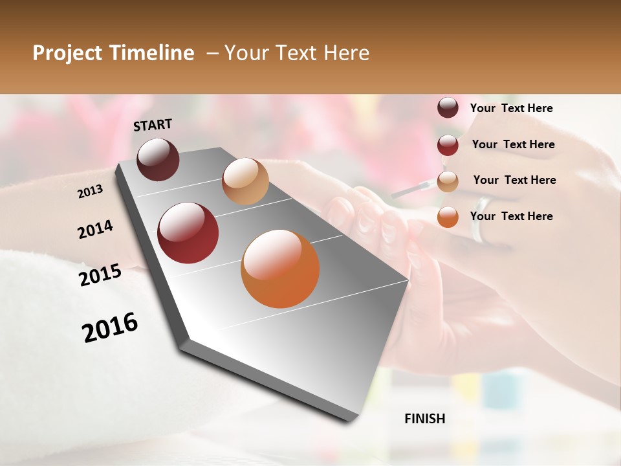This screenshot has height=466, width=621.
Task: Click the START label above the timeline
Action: click(x=153, y=125)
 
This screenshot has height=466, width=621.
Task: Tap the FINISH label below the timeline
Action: click(x=424, y=419)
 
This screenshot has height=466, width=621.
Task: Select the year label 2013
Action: click(x=90, y=192)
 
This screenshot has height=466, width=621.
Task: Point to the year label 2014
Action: click(x=95, y=230)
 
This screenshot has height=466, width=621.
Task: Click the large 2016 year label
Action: click(x=110, y=327)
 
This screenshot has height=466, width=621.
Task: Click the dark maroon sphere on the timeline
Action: click(x=158, y=159)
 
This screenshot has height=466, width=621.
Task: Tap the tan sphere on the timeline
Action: click(x=245, y=181)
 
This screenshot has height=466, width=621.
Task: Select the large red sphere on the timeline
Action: click(x=188, y=233)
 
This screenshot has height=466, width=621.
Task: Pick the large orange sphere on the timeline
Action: click(x=280, y=269)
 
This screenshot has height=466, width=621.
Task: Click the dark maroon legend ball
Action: click(x=448, y=108)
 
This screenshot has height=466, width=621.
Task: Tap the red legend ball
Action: click(x=448, y=145)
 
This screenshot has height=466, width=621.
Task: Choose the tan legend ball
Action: click(x=448, y=181)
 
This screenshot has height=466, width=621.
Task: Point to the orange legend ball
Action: click(x=448, y=217)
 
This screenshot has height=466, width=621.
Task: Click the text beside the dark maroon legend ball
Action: click(x=511, y=108)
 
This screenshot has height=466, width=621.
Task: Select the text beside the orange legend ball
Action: click(x=511, y=216)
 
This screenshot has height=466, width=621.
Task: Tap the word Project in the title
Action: click(x=67, y=53)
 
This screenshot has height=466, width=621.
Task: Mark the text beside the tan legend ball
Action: click(x=514, y=180)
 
